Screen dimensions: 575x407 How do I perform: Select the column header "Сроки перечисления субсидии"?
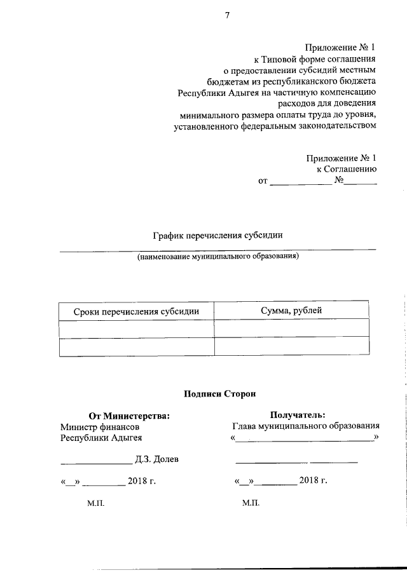136,311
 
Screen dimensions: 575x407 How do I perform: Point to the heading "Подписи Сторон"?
219,394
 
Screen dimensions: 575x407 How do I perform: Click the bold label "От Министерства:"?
129,416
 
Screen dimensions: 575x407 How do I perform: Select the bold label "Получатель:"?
298,416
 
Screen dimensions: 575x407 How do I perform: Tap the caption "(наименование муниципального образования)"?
217,257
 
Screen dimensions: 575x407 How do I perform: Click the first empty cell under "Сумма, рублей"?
291,328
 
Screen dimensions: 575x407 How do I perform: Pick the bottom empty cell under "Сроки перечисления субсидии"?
136,347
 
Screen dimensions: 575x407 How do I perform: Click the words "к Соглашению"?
347,169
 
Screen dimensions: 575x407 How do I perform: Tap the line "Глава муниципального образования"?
306,426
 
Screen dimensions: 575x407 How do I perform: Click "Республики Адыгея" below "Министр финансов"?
101,438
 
